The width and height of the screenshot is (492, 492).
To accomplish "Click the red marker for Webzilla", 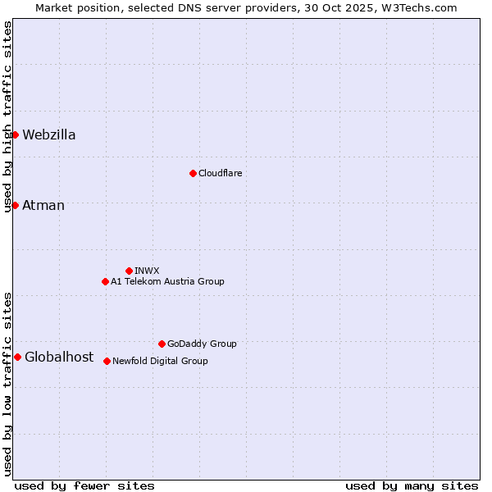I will click(15, 134).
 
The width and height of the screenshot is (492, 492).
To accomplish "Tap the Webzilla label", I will click(49, 135).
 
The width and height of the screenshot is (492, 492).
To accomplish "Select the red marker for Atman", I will click(15, 205).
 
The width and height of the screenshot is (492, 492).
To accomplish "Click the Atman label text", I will click(43, 206).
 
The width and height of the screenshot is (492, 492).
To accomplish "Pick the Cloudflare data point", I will click(193, 173).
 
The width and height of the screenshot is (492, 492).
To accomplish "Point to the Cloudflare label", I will click(220, 174).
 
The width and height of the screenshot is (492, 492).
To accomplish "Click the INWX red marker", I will click(129, 271).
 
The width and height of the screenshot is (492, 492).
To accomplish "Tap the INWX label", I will click(147, 271).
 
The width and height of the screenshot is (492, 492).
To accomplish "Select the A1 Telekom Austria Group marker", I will click(105, 281).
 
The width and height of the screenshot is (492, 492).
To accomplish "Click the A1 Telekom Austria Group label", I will click(167, 282).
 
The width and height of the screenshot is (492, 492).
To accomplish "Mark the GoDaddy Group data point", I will click(162, 344).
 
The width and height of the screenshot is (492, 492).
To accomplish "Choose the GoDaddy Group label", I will click(202, 344).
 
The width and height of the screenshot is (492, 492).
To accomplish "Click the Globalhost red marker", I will click(17, 357).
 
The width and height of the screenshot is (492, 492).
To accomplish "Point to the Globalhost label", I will click(59, 358).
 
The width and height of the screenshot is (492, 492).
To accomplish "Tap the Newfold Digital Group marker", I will click(107, 361).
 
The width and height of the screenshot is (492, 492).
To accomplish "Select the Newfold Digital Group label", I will click(160, 362).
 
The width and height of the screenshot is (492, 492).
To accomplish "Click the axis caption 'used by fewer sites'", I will click(84, 485).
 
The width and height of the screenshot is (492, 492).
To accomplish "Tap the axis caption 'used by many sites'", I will click(411, 485).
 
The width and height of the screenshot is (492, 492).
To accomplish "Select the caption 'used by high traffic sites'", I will click(7, 117).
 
